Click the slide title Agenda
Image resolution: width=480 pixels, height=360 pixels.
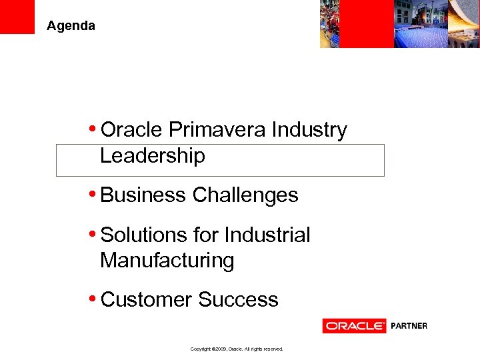tap(71, 26)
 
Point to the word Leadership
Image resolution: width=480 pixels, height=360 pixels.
tap(152, 156)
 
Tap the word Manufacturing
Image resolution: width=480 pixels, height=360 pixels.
tap(167, 261)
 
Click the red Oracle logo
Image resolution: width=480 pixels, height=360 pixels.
tap(355, 326)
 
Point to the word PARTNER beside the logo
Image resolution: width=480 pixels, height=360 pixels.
tap(408, 326)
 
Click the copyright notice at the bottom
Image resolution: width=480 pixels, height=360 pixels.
tap(237, 349)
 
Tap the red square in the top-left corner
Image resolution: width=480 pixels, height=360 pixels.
tap(17, 17)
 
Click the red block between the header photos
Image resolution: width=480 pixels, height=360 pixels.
tap(376, 23)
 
